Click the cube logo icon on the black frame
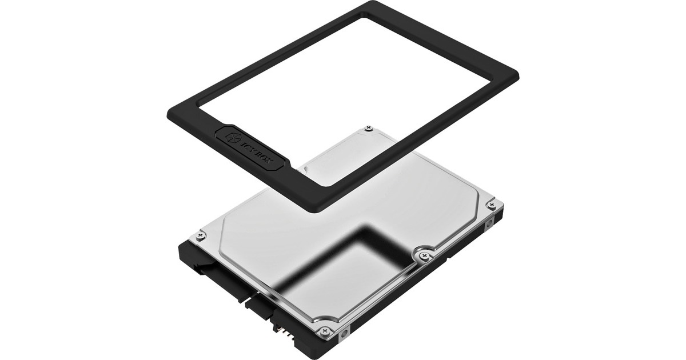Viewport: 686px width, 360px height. click(x=231, y=137)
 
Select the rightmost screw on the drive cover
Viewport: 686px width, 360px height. click(x=492, y=204)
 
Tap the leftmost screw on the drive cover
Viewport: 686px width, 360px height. click(x=200, y=235)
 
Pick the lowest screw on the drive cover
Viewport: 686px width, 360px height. click(x=325, y=330)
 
